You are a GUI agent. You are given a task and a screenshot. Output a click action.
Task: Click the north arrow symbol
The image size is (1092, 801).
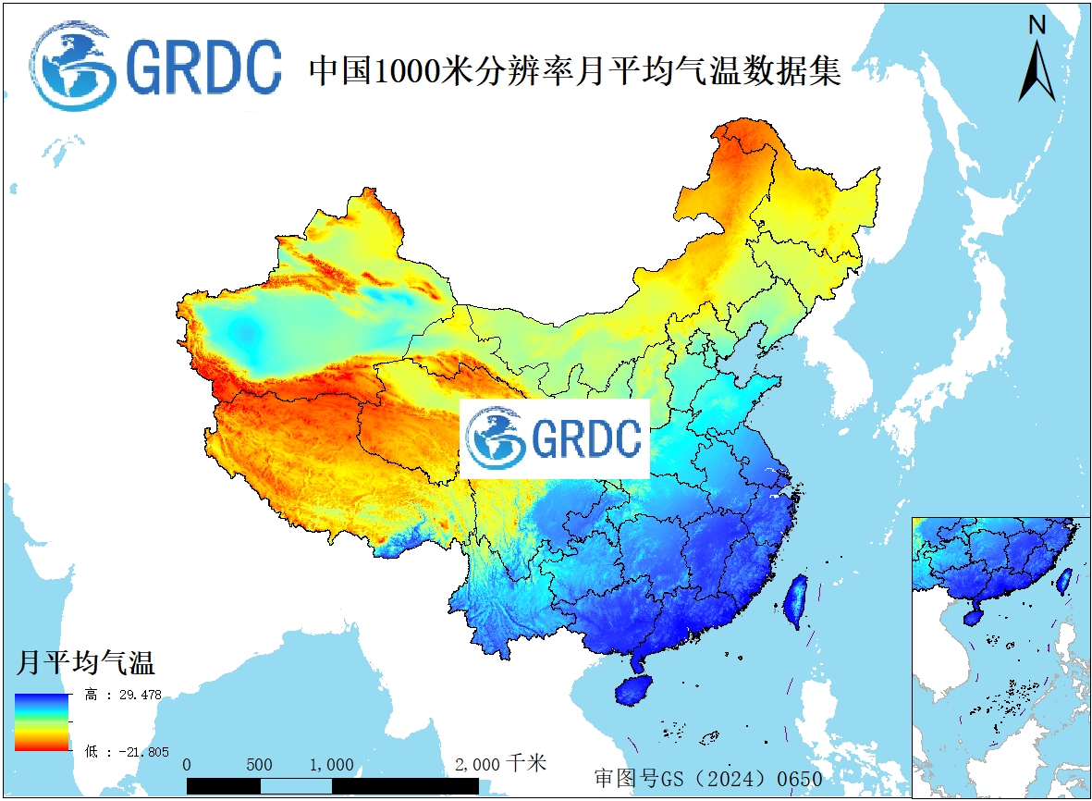click(1037, 70)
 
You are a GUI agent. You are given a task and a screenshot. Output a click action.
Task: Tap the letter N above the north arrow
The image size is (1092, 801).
click(1037, 25)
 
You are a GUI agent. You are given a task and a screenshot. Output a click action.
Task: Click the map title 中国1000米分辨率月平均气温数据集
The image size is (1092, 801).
click(574, 70)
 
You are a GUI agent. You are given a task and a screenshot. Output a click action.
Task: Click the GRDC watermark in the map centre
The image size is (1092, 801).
click(555, 439)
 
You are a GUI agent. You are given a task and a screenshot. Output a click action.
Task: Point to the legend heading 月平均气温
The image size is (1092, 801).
click(84, 662)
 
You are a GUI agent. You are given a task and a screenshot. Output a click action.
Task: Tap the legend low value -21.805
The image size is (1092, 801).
click(139, 752)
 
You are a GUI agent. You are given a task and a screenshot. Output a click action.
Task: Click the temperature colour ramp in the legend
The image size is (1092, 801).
click(42, 721)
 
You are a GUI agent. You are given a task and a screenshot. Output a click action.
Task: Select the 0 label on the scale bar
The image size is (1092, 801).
click(188, 765)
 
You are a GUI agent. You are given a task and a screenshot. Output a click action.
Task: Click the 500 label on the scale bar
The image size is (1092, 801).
click(260, 765)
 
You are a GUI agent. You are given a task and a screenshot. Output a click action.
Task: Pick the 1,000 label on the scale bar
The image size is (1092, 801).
click(331, 765)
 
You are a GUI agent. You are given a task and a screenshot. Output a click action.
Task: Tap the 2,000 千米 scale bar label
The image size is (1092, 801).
click(500, 764)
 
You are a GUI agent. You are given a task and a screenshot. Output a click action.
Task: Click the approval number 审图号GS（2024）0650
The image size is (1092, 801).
click(708, 779)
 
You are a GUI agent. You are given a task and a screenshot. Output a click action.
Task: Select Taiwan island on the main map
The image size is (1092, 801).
click(794, 600)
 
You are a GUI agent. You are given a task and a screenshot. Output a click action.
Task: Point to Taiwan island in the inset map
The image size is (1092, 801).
click(1064, 580)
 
